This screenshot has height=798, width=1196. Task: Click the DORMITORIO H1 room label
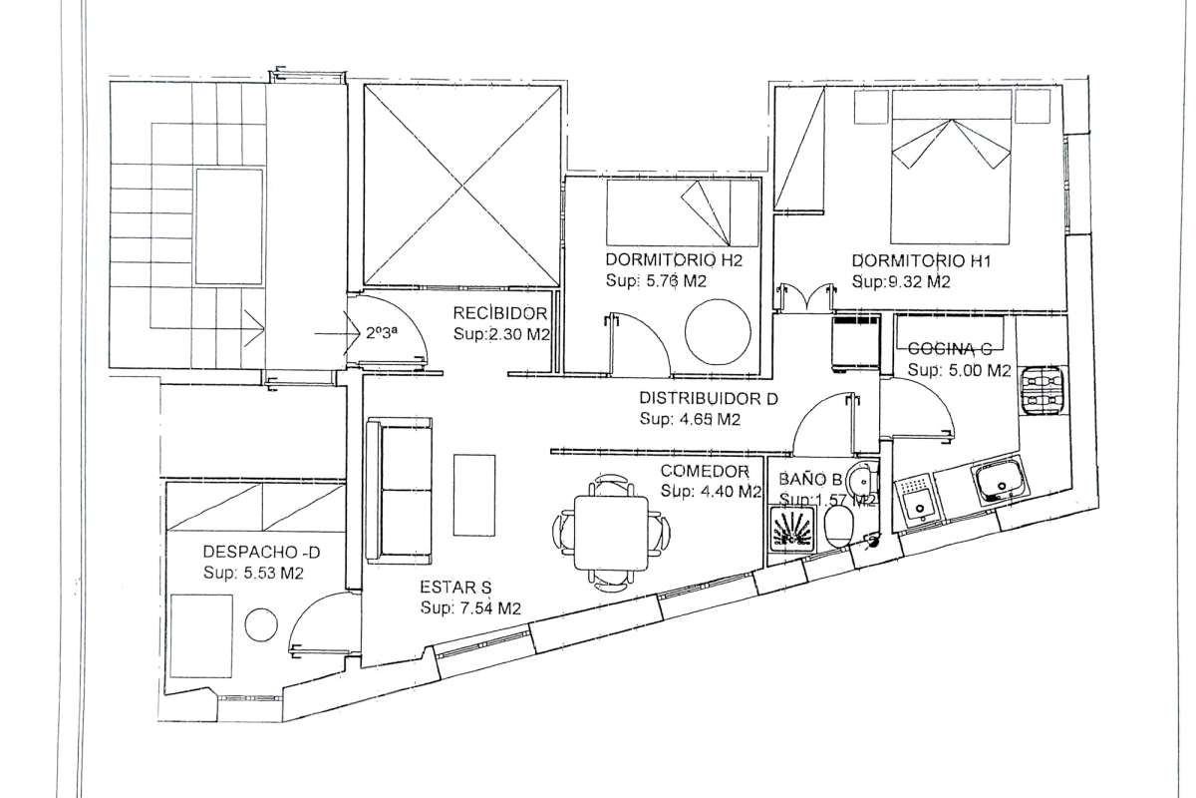921,261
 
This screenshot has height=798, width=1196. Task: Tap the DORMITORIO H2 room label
674,259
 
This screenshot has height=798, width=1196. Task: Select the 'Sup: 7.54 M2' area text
470,608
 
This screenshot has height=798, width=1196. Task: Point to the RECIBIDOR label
500,313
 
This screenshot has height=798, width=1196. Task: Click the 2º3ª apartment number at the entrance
382,333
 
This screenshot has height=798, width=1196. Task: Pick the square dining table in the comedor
611,533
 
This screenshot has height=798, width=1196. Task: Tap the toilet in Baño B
839,526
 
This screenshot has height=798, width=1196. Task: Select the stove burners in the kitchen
1041,390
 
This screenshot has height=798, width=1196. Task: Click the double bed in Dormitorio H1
951,167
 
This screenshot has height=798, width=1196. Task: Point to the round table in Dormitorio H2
718,332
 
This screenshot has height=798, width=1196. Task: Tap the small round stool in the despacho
261,623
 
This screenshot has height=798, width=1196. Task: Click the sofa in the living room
399,490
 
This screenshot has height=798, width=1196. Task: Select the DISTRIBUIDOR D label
709,398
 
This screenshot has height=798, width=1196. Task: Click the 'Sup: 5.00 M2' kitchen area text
960,370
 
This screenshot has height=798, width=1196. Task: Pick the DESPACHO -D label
261,552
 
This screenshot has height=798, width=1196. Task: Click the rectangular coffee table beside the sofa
474,495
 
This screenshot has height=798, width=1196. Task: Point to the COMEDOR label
705,471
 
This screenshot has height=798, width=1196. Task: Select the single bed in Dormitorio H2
683,212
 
